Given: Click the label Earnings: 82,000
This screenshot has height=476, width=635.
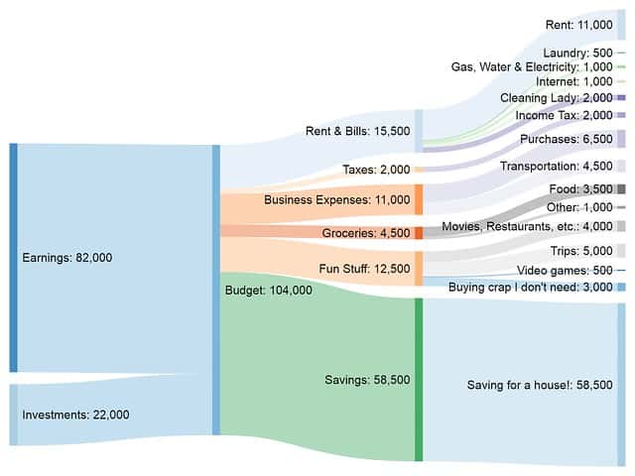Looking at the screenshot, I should point(66,258).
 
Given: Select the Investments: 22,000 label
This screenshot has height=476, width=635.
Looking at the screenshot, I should point(74,415).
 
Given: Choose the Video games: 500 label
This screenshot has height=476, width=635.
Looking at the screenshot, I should point(565,271).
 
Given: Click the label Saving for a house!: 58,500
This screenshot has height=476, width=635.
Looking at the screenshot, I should point(540,385).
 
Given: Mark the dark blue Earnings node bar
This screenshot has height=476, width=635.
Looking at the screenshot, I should point(13,258).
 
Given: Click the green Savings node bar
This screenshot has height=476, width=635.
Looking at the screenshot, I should point(419,380).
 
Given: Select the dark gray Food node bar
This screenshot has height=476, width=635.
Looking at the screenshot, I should point(621,188).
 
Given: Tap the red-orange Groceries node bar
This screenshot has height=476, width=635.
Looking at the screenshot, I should point(419,233).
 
